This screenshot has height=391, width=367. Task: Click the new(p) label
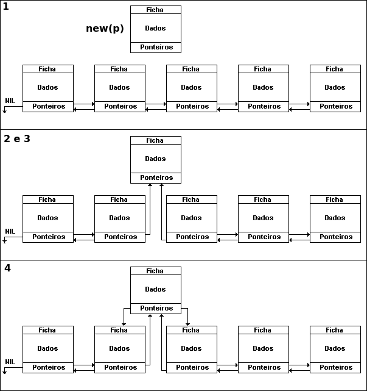tap(105, 29)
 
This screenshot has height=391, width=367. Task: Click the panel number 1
tap(6, 7)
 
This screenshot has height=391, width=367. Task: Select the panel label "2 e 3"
tap(17, 138)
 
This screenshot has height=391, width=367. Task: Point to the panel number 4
tap(7, 268)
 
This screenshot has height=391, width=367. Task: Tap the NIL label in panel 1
tap(10, 101)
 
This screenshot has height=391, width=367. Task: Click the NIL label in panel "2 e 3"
tap(10, 231)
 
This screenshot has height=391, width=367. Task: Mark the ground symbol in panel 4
tap(4, 372)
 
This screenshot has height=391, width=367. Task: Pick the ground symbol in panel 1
tap(4, 111)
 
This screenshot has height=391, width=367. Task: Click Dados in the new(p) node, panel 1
tap(155, 28)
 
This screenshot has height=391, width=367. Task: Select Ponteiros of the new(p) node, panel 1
tap(156, 47)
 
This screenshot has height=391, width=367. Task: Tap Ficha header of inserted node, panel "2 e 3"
tap(155, 140)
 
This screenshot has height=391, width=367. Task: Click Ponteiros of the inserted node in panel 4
tap(156, 308)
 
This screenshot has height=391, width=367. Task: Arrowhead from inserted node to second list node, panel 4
tap(124, 325)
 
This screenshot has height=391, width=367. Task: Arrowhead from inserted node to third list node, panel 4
tap(187, 325)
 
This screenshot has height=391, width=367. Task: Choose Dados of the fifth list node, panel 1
tap(335, 87)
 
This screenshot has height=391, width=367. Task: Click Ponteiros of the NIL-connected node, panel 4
tap(49, 367)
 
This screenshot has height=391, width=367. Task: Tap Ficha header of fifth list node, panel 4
tap(334, 330)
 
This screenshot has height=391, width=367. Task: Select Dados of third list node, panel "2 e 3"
tap(191, 218)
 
